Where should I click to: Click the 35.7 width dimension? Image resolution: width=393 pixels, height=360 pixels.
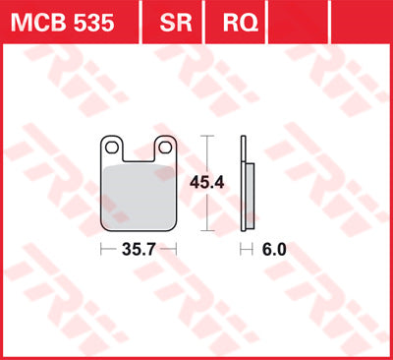pyautogui.click(x=140, y=250)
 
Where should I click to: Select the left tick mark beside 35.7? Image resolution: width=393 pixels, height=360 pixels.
pyautogui.click(x=102, y=250)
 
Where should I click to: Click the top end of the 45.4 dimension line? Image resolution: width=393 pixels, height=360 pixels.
pyautogui.click(x=205, y=136)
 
